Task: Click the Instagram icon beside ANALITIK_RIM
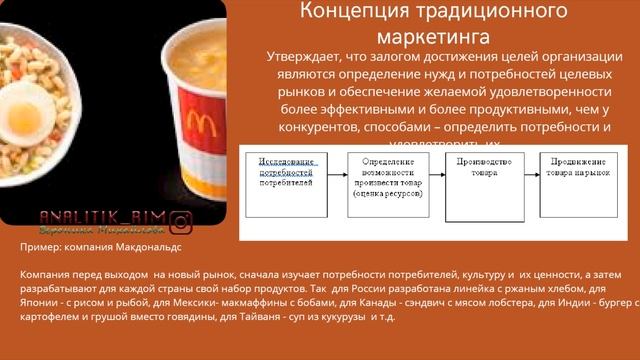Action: pyautogui.click(x=181, y=222)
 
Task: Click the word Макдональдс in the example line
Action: pyautogui.click(x=150, y=246)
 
